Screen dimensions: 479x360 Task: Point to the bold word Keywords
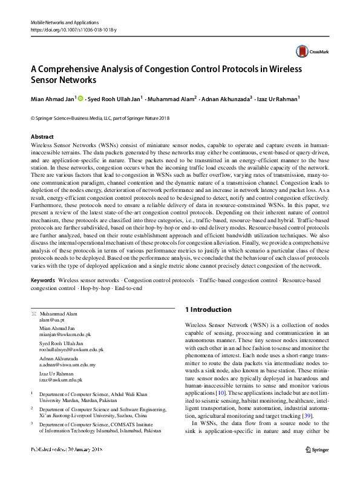pyautogui.click(x=42, y=281)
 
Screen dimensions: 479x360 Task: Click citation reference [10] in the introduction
pyautogui.click(x=221, y=393)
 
